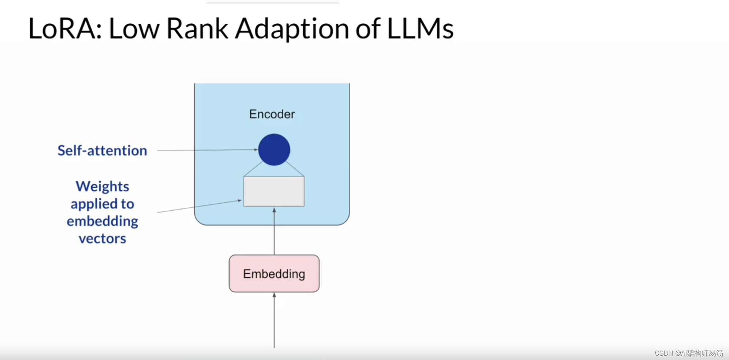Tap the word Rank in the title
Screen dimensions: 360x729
point(197,29)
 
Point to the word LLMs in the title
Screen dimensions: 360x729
point(420,29)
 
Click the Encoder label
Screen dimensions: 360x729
point(272,114)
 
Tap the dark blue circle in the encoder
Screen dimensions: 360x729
point(274,150)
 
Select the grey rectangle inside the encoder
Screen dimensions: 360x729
point(274,191)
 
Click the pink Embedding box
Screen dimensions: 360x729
point(274,274)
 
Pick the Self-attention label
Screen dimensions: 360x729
point(102,150)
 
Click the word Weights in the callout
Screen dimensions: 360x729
point(102,187)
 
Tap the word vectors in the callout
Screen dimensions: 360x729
point(102,239)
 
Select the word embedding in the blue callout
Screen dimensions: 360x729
point(102,221)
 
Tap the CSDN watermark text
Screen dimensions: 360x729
point(688,353)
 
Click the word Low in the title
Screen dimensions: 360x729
point(134,29)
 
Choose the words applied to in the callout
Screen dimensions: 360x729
point(102,204)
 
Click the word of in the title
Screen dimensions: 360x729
point(368,29)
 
